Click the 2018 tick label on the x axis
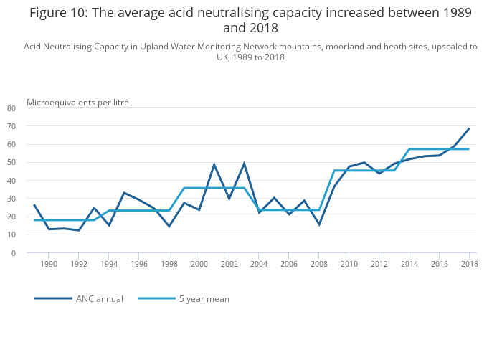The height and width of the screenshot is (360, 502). click(469, 265)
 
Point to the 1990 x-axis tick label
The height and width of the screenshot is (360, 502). click(49, 265)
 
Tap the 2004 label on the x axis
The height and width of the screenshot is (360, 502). click(259, 265)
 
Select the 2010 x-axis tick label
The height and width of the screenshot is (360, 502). click(349, 265)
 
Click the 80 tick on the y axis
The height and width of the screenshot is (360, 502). click(11, 108)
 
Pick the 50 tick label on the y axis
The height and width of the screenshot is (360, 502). click(11, 163)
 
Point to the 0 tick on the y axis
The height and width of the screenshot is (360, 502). click(14, 253)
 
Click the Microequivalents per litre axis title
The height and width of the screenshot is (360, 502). click(77, 103)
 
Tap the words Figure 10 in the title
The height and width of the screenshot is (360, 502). click(62, 12)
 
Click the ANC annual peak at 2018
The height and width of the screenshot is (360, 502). click(469, 128)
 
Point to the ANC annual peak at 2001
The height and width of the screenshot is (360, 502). click(214, 165)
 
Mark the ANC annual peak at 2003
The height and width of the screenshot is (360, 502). click(244, 164)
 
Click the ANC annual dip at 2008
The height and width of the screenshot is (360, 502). click(319, 224)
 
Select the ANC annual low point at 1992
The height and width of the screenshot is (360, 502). click(79, 230)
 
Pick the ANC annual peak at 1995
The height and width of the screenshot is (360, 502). click(124, 192)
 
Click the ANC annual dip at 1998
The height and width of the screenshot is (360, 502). click(169, 227)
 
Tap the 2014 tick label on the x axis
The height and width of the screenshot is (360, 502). click(409, 265)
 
